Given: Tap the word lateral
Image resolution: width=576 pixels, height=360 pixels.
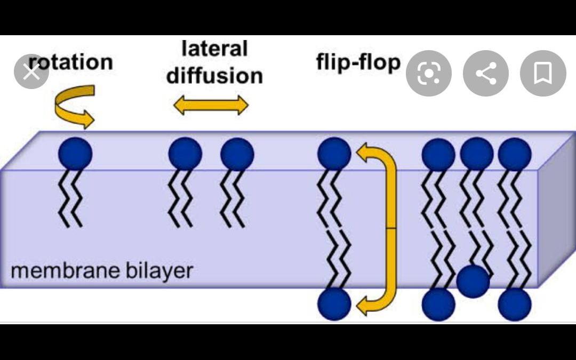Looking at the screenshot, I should point(214,49).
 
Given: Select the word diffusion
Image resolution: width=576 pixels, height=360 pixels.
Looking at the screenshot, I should point(214,76).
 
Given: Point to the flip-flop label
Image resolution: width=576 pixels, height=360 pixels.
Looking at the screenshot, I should point(358,62).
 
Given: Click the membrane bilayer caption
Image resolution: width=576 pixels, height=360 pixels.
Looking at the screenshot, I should point(101,271).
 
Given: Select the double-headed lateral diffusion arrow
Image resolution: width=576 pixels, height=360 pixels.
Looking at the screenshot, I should point(211,105).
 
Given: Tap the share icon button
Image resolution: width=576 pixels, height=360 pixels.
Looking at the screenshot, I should point(485,74).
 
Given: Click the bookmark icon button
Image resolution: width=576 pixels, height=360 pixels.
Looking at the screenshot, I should point(542,74).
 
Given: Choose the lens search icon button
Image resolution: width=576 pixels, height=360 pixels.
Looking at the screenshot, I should point(428,74).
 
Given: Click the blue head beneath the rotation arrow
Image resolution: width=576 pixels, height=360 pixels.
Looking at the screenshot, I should point(75,154).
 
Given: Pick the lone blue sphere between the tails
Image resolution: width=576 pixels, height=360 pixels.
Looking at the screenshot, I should point(473,281).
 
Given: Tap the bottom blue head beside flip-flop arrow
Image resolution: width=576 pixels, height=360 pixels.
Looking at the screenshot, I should point(334,304).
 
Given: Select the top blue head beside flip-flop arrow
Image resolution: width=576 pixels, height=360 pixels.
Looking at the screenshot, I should point(334,154).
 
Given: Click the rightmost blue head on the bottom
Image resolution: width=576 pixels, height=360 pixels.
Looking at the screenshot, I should point(515,305).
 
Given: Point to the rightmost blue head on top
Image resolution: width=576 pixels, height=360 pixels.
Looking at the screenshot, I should point(515,154).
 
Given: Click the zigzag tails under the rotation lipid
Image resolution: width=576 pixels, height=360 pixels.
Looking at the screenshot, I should point(70,198).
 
